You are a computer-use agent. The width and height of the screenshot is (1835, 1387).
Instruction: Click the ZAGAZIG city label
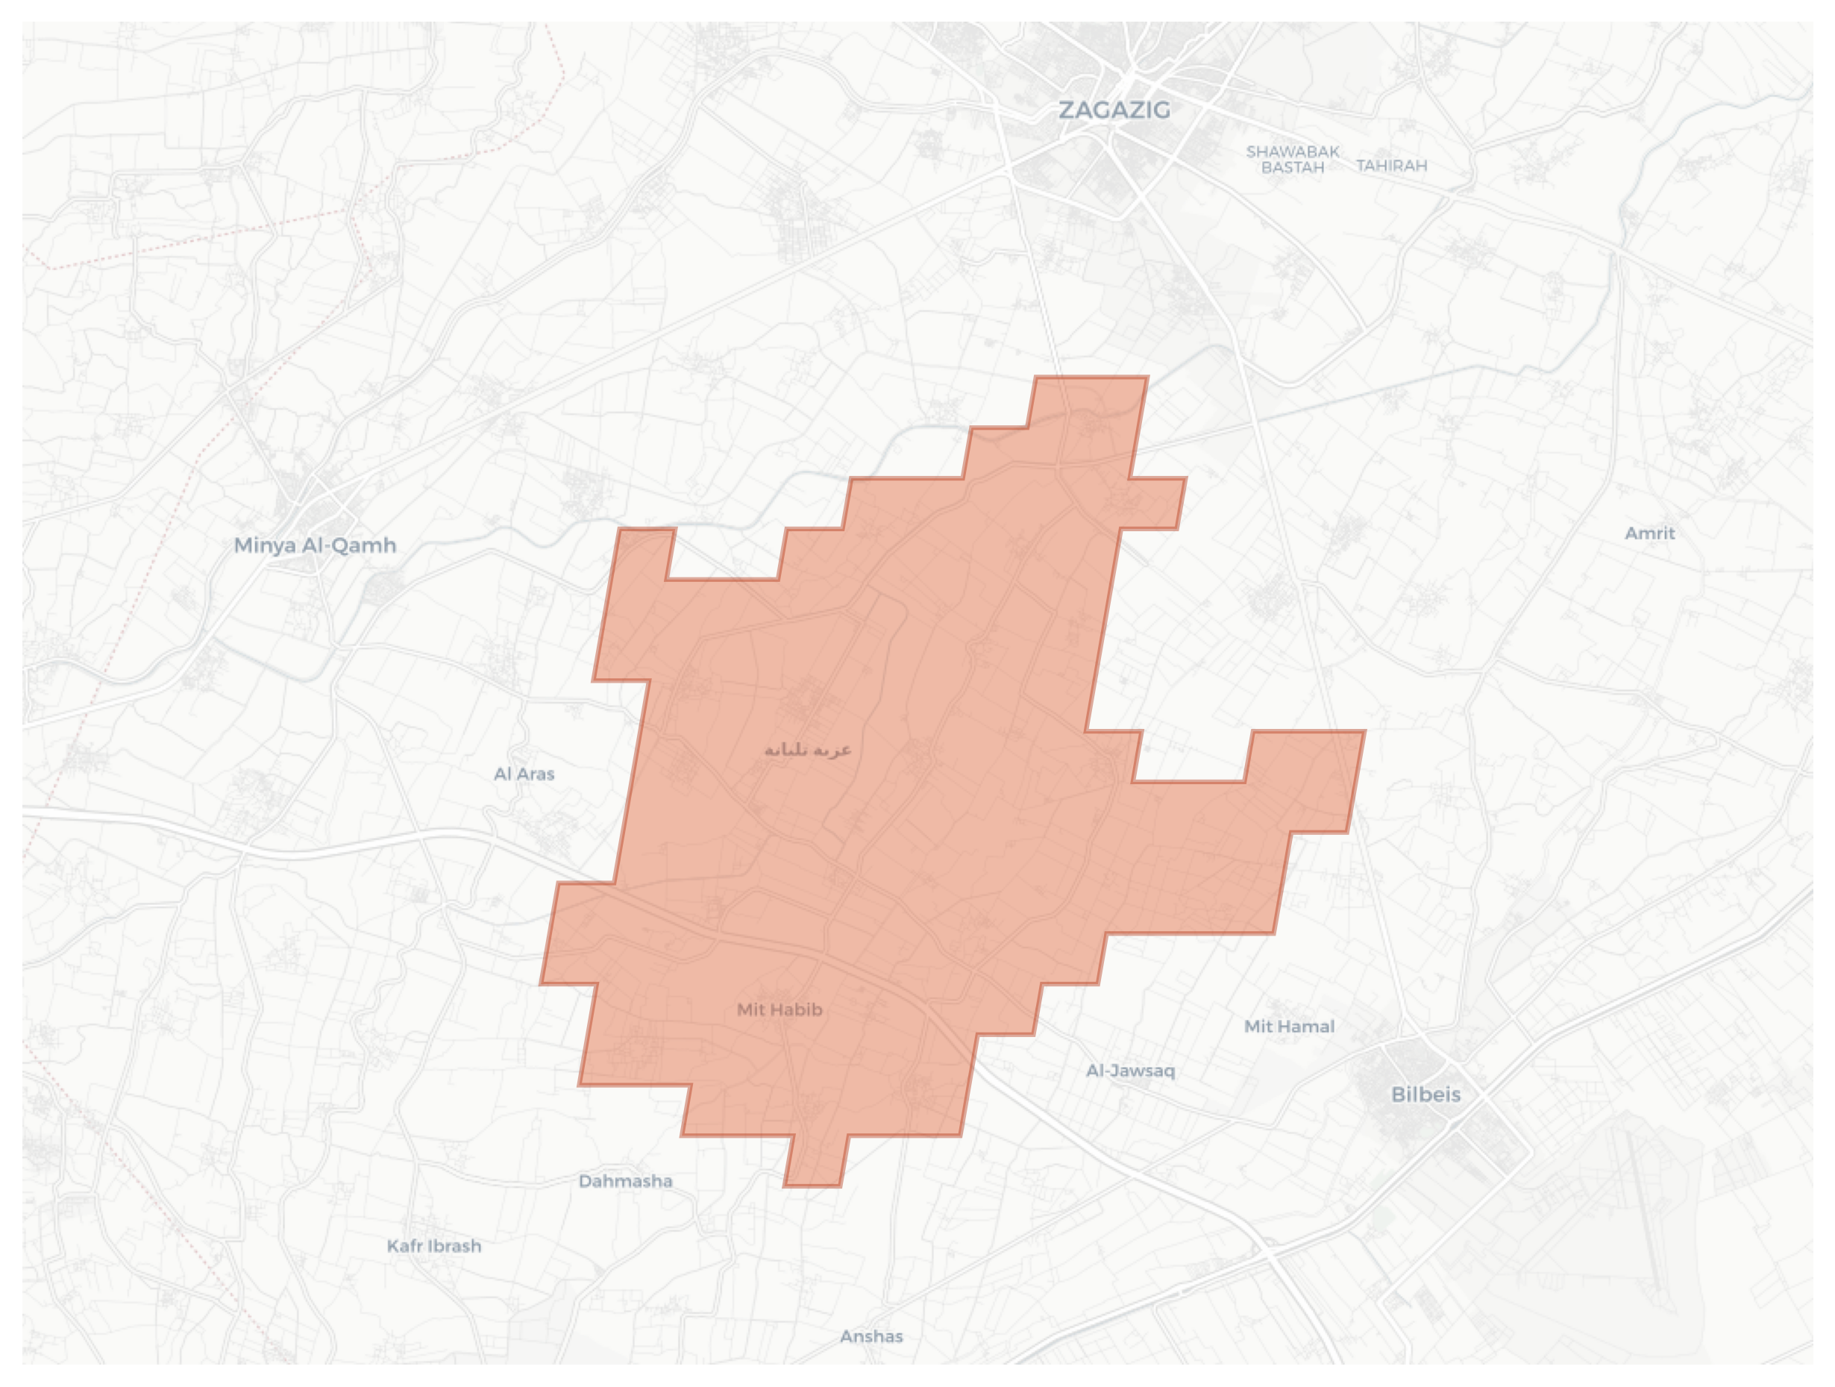point(1114,110)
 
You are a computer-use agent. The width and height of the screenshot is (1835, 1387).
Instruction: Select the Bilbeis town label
point(1425,1095)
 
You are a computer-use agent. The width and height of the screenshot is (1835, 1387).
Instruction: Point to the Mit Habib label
point(779,1009)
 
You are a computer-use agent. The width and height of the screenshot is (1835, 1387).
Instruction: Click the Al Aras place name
point(524,774)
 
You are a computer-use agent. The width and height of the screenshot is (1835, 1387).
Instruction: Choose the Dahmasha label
point(626,1180)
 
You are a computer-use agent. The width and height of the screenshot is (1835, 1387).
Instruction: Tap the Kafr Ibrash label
point(434,1246)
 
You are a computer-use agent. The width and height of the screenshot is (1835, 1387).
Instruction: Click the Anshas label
point(871,1336)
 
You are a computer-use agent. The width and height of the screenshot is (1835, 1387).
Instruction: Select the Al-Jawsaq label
point(1130,1070)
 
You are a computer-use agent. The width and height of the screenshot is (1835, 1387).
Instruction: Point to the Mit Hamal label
point(1289,1026)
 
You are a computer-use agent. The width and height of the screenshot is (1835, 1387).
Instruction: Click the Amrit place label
point(1649,533)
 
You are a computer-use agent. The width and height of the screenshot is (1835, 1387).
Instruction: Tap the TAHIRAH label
point(1391,166)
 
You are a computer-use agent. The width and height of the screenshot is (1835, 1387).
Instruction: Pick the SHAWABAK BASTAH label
point(1293,159)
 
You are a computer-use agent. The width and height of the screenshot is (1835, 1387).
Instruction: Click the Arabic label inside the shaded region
point(807,750)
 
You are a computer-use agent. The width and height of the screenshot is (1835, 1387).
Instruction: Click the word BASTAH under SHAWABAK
point(1293,168)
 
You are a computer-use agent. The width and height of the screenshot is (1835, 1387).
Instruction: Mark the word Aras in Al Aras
point(535,774)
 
